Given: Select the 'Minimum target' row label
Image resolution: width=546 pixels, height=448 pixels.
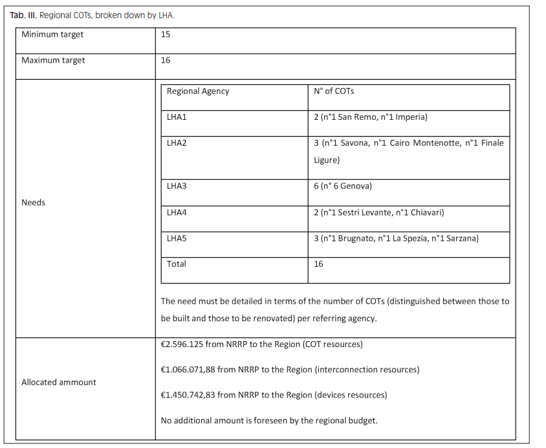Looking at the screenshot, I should click(x=52, y=34).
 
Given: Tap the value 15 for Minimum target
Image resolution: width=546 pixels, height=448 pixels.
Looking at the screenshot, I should click(x=166, y=34).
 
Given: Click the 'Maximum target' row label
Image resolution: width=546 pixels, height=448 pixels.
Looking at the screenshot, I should click(x=53, y=60).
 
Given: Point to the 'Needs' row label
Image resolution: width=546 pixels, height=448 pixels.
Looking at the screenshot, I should click(x=34, y=202).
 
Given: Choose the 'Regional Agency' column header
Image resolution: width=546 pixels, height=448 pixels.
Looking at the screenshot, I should click(x=198, y=91).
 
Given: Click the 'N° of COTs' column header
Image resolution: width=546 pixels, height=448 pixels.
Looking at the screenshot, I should click(x=334, y=91).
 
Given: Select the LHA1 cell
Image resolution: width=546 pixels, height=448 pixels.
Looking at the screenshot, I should click(x=177, y=117).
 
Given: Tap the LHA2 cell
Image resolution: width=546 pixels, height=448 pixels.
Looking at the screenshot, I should click(x=177, y=142).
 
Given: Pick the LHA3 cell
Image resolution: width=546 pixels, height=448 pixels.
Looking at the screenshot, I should click(x=177, y=186).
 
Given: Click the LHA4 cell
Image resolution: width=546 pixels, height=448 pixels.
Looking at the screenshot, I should click(x=177, y=212).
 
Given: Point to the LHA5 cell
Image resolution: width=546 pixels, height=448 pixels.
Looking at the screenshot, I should click(x=177, y=238).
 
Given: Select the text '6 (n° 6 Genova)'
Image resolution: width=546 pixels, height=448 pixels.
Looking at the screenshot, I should click(x=343, y=186).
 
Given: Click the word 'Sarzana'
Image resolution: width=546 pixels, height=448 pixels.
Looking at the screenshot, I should click(x=461, y=238).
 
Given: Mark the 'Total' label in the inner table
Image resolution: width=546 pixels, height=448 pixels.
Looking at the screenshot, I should click(x=177, y=263).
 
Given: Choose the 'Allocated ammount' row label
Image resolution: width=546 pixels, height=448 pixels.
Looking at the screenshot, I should click(x=59, y=382).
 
